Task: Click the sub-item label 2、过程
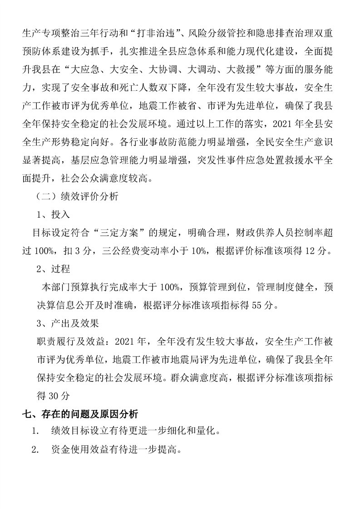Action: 54,269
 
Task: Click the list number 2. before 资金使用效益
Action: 35,450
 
